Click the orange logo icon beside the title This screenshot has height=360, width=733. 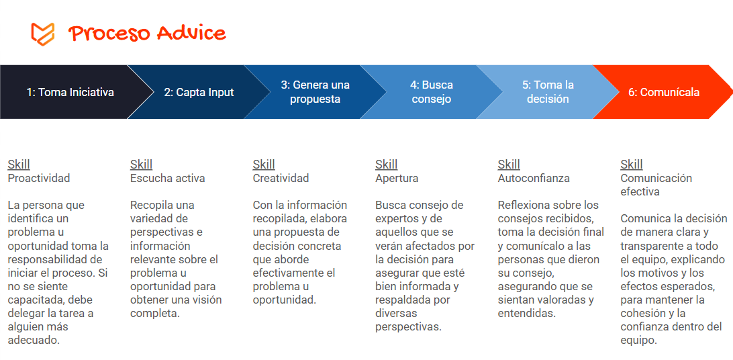click(x=42, y=33)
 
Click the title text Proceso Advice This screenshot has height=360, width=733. click(x=147, y=33)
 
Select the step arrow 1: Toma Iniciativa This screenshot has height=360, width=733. click(x=70, y=92)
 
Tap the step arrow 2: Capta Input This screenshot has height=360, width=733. click(x=199, y=92)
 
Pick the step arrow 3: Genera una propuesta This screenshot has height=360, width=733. click(x=315, y=92)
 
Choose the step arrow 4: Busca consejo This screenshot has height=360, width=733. click(x=432, y=92)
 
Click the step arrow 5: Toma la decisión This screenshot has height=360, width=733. click(x=548, y=92)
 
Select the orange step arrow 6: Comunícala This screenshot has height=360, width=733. click(x=663, y=92)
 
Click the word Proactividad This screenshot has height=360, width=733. click(x=38, y=178)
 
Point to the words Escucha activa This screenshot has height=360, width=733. click(x=167, y=178)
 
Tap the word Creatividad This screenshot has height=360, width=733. click(x=281, y=178)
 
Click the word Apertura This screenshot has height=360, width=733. click(x=396, y=178)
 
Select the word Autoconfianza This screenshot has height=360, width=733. click(x=533, y=178)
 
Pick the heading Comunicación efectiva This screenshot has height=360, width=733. click(x=656, y=185)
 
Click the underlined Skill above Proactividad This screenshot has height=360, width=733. click(x=19, y=165)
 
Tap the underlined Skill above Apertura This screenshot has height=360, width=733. click(x=386, y=165)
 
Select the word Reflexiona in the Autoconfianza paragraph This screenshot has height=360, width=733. click(x=525, y=205)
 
